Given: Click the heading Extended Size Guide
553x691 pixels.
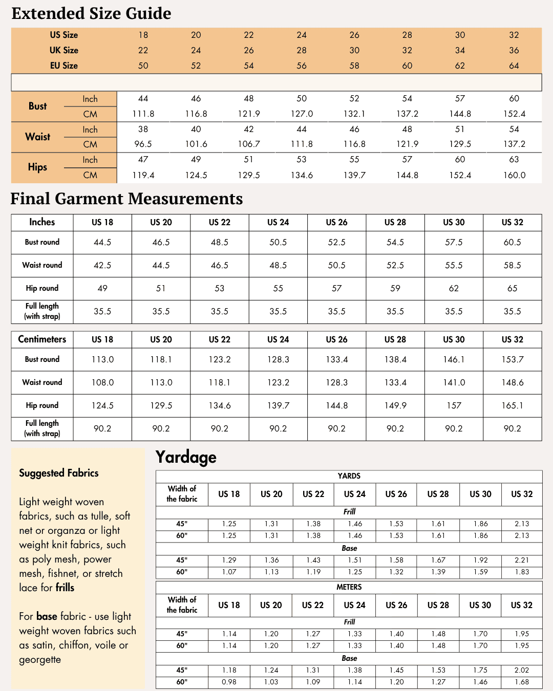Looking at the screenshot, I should point(91,13).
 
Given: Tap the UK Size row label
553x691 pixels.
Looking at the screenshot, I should point(64,50).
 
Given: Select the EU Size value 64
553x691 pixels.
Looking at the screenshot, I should point(514,66).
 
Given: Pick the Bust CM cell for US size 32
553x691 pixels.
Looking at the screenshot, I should point(514,114).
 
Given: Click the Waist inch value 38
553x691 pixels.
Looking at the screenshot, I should point(143,129).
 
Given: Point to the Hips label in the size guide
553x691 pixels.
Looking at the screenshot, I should point(37,167).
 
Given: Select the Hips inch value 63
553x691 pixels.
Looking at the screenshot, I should point(514,160).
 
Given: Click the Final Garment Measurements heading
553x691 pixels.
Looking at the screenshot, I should point(126,199).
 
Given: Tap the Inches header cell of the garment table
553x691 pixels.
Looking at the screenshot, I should point(42,222).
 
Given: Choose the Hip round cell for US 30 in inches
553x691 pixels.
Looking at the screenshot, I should point(454,288).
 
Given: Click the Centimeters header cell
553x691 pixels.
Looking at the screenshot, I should point(42,339).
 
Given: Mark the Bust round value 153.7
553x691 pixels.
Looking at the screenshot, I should point(512,359).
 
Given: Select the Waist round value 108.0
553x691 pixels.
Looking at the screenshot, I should point(102,382).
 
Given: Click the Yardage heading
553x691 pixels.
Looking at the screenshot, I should point(186,457).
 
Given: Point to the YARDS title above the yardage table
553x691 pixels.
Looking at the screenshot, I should point(349,476).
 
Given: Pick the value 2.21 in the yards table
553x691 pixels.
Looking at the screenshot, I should point(522,560).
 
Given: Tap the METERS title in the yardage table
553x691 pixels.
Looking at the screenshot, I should point(349,587).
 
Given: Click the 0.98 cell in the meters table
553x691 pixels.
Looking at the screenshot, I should point(229,682).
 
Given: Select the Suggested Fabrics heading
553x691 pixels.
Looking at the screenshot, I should point(59,473).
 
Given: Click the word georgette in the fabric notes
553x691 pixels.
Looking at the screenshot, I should point(40,660).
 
